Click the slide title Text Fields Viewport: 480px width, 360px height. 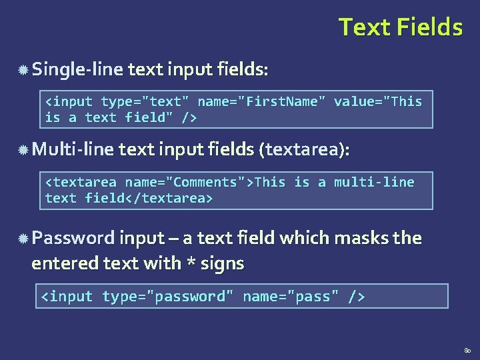coord(400,27)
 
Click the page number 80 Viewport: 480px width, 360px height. coord(466,349)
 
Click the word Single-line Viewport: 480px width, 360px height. coord(77,69)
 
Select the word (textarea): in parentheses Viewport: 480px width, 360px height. coord(303,151)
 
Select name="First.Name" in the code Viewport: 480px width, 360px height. coord(262,102)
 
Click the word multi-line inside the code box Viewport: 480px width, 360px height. coord(374,183)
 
